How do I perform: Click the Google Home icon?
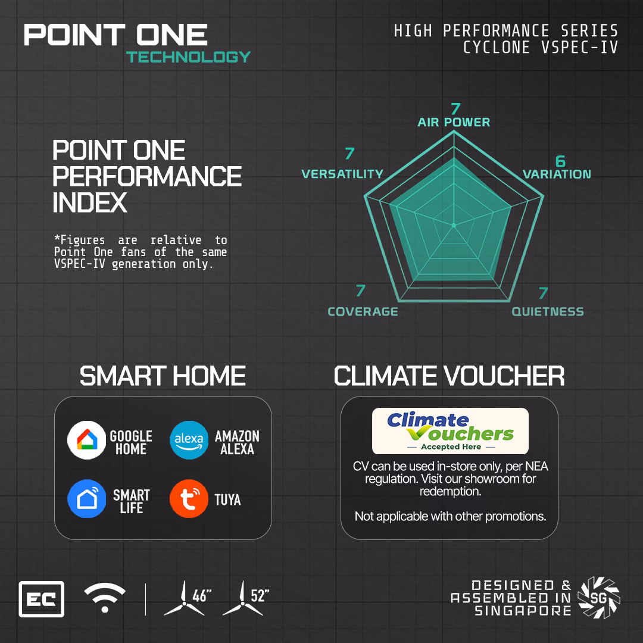click(86, 440)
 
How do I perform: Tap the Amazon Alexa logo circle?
click(189, 440)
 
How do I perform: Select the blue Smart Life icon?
click(86, 499)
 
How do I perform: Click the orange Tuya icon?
click(189, 499)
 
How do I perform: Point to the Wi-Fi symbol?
click(105, 598)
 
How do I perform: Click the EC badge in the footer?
click(42, 599)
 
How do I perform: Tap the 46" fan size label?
click(202, 595)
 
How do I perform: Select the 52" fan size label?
click(260, 595)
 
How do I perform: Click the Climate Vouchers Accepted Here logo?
click(450, 431)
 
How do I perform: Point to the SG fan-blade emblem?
click(599, 598)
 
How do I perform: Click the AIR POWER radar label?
click(454, 122)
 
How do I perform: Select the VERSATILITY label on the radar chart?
click(342, 174)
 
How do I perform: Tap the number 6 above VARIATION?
click(560, 161)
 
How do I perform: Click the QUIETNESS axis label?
click(548, 311)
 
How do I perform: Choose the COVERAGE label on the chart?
click(363, 311)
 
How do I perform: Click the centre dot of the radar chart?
click(454, 225)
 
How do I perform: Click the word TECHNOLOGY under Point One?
click(188, 57)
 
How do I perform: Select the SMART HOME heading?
click(163, 376)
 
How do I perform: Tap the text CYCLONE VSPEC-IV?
click(541, 48)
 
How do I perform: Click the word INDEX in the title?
click(90, 202)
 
